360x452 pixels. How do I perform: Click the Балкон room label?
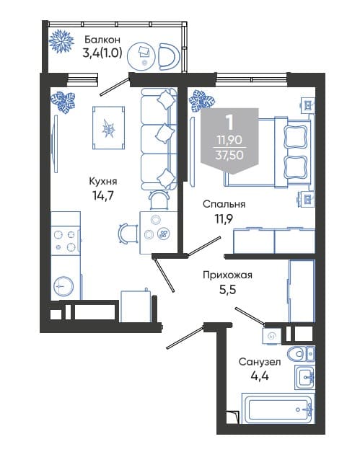(x=102, y=39)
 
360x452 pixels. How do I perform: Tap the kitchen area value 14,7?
(x=103, y=196)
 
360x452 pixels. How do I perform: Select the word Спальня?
(x=224, y=204)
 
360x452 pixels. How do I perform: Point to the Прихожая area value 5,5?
(x=227, y=289)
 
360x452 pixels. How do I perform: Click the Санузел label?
(x=260, y=361)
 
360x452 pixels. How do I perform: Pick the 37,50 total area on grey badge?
(x=229, y=155)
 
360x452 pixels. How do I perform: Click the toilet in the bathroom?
(x=301, y=353)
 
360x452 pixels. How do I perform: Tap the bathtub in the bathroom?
(x=278, y=409)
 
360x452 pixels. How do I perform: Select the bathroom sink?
(x=304, y=376)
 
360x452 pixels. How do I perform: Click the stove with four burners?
(x=65, y=240)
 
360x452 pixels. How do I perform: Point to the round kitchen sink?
(x=63, y=286)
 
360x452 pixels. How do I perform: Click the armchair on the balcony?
(x=170, y=57)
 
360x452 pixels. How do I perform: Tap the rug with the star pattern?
(x=109, y=128)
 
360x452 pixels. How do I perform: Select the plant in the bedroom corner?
(x=201, y=100)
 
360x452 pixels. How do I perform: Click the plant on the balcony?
(x=61, y=41)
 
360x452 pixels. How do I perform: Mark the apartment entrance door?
(x=185, y=337)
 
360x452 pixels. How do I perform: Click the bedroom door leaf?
(x=204, y=246)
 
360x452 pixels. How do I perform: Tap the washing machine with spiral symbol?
(x=271, y=336)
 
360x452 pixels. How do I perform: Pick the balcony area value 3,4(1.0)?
(x=102, y=53)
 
